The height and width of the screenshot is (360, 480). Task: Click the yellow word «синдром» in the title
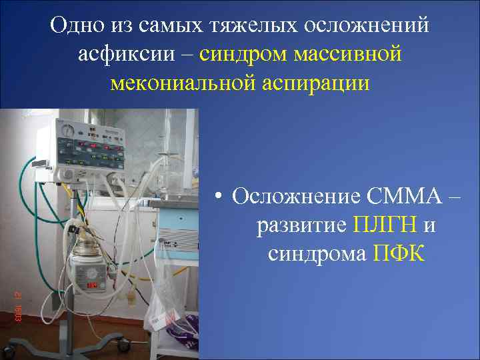point(242,54)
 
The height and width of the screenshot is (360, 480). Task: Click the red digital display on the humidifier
point(91,285)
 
